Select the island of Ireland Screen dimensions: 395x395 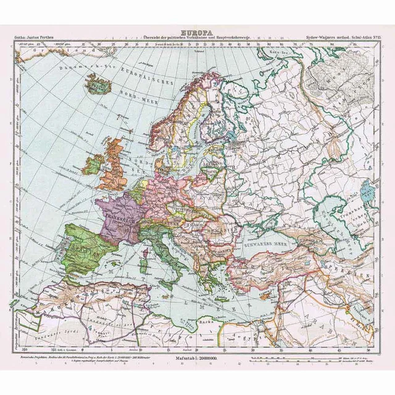93,164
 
